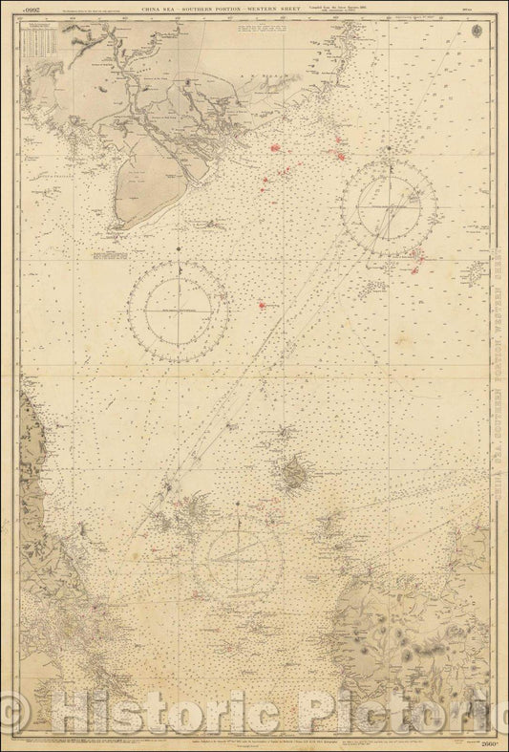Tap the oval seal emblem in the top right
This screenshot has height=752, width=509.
[477, 16]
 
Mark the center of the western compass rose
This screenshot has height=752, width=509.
[178, 311]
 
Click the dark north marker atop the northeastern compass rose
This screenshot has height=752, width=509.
[391, 149]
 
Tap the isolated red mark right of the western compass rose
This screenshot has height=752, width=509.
[262, 305]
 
